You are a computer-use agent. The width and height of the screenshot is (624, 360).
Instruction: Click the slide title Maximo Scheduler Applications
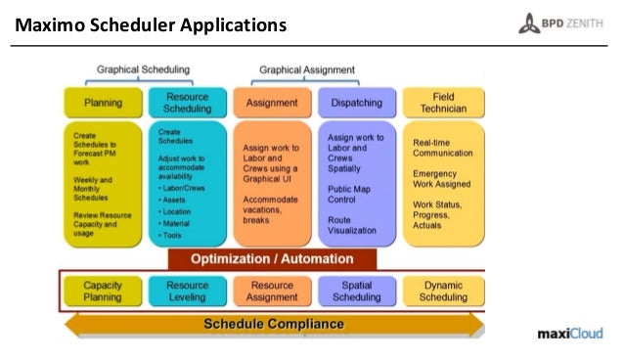150,22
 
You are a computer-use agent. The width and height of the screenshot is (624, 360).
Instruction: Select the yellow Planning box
104,103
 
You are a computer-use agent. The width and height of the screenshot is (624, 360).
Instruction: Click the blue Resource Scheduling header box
188,103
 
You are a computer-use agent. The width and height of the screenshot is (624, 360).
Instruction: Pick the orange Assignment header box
272,103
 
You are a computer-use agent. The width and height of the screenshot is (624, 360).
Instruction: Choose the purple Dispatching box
356,103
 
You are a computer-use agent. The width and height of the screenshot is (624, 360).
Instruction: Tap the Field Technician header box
442,103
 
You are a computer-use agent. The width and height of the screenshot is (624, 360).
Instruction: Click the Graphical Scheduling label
143,70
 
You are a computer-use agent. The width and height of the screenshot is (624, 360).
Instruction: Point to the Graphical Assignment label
306,70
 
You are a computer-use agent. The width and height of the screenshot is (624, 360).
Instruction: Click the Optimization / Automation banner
272,259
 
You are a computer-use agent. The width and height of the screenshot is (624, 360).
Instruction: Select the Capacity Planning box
103,291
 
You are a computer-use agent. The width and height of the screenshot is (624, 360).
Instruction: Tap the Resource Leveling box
188,291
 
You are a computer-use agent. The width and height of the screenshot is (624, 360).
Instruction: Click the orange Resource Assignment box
272,291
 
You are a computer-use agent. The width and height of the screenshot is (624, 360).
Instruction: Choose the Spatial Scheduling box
356,291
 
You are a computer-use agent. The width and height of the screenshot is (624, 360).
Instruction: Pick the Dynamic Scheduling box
442,291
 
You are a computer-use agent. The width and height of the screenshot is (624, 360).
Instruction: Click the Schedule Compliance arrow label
273,324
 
